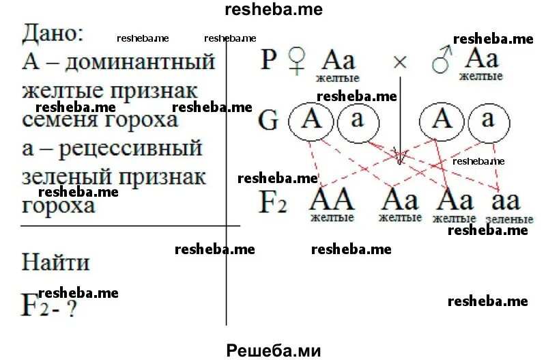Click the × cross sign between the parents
[400, 61]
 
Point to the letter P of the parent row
[270, 61]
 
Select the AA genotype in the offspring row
[332, 199]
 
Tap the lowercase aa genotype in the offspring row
[506, 200]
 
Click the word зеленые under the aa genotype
[509, 220]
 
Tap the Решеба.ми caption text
[273, 350]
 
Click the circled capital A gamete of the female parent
[311, 120]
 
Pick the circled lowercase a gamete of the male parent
[487, 120]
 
